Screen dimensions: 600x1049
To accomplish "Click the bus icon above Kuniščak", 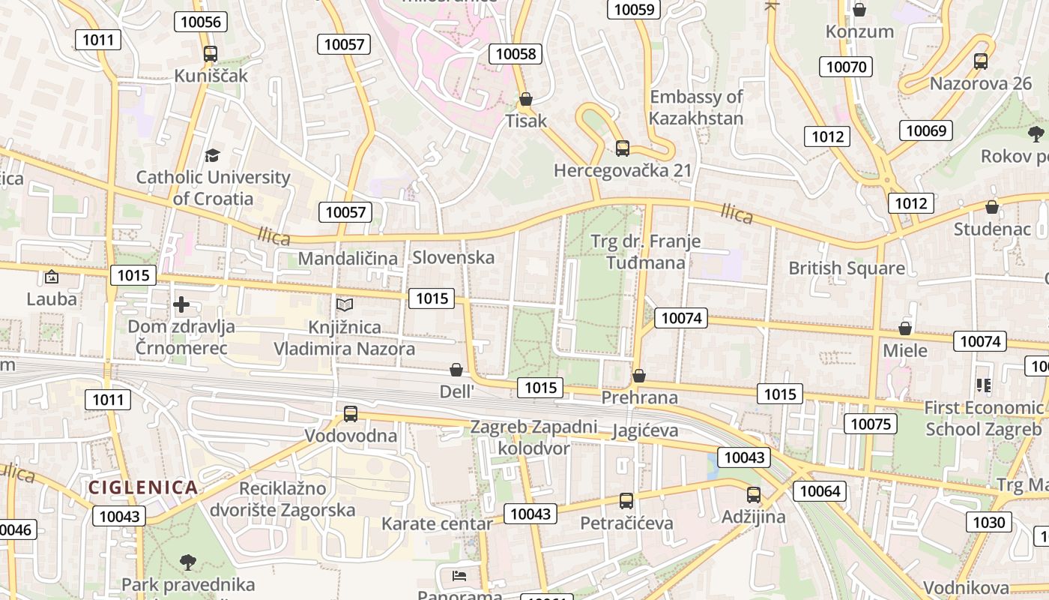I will (211, 54).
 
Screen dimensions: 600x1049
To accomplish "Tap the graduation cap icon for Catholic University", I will (213, 156).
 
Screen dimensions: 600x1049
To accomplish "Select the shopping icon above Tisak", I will (526, 99).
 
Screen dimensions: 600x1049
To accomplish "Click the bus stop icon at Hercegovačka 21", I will (623, 148).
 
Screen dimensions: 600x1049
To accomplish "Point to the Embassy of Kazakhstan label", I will (696, 107).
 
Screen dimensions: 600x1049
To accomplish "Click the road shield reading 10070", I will (846, 67).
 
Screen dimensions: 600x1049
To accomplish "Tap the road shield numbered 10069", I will (926, 130).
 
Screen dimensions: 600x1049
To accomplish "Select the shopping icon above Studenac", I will (992, 207).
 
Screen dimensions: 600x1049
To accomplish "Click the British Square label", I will (847, 268).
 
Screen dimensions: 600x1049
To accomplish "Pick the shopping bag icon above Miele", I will (905, 328).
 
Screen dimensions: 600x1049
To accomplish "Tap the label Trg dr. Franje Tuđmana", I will (646, 251).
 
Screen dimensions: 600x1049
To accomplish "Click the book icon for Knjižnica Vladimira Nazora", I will (345, 305).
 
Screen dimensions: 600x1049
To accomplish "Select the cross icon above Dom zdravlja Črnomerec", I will (181, 304).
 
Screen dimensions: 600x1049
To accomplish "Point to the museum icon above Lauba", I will (52, 277).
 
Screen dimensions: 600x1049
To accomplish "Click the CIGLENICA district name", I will (143, 487).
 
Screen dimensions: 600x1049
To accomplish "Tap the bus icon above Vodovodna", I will (351, 413).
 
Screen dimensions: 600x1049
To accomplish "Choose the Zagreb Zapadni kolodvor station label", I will (533, 437).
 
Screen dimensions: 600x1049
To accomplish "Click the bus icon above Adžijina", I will (754, 495).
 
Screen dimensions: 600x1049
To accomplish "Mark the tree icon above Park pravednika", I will (188, 562).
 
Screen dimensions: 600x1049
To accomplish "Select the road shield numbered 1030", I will (988, 521).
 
